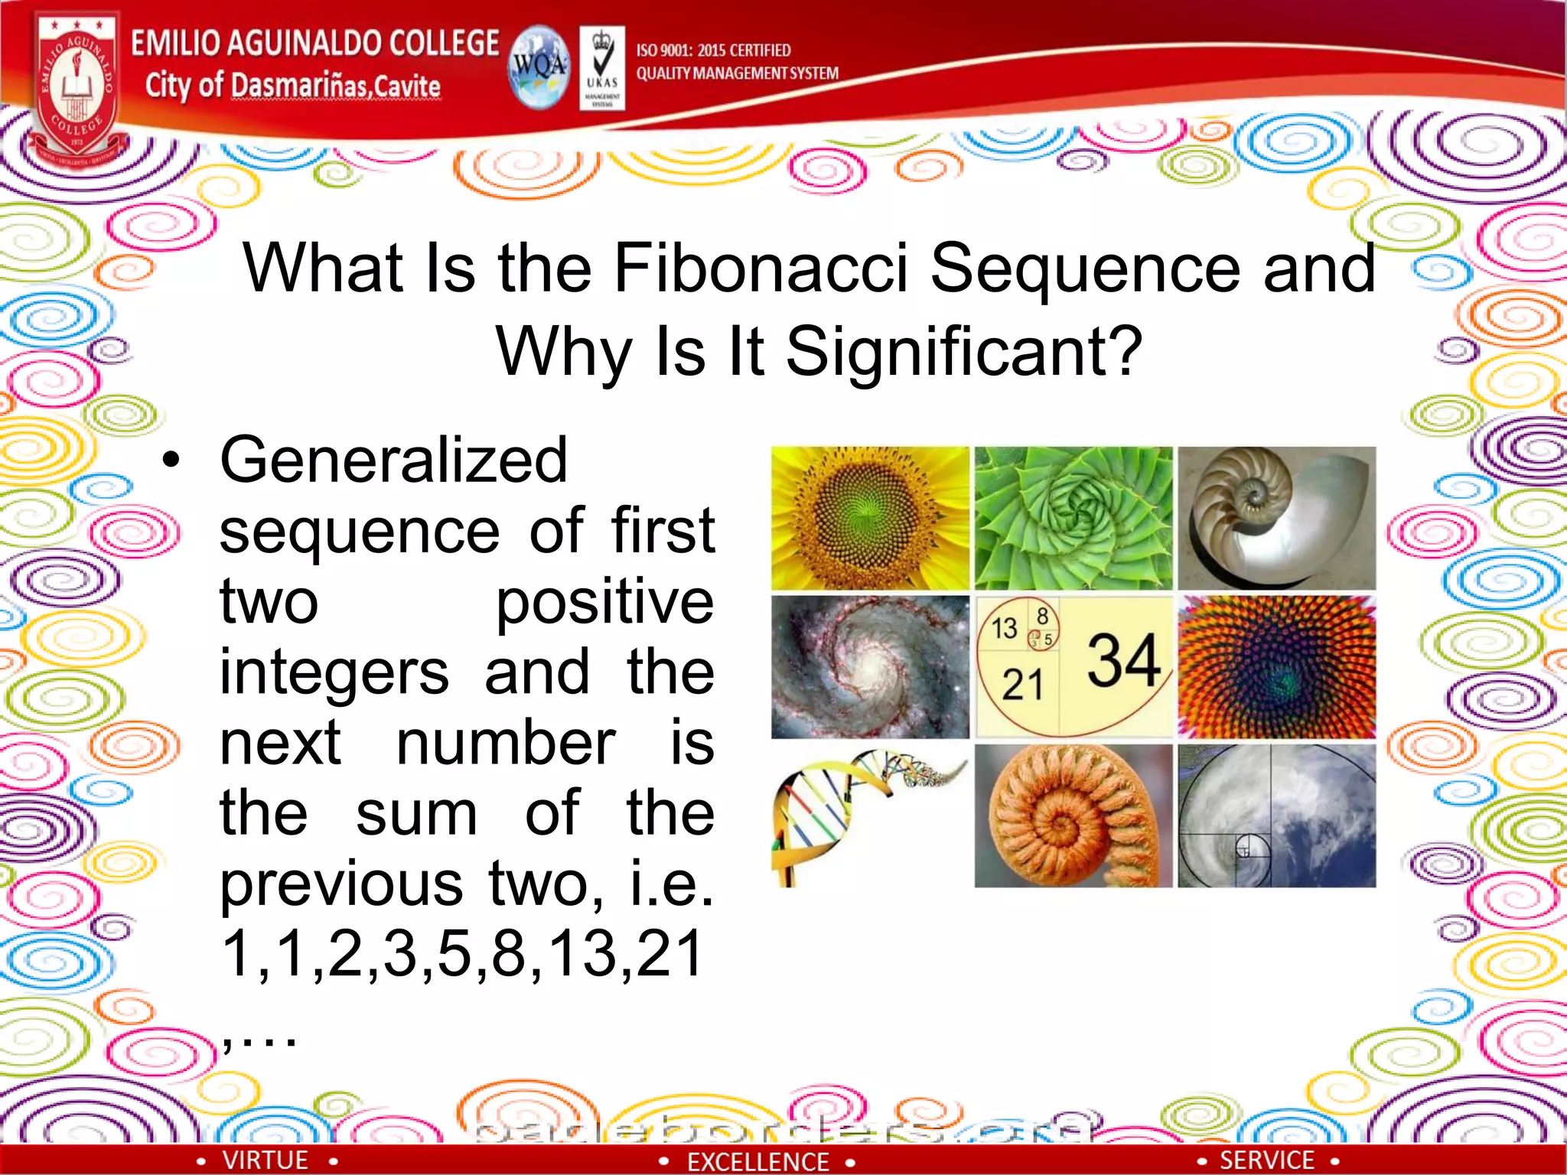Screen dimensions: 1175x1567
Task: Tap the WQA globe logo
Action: tap(539, 67)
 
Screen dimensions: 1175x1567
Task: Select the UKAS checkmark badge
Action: tap(602, 67)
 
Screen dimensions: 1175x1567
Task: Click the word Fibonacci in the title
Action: tap(761, 268)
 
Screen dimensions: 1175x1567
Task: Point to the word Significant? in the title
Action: tap(964, 351)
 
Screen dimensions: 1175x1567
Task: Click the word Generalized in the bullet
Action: tap(393, 460)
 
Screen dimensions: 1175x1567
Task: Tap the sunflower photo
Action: tap(870, 518)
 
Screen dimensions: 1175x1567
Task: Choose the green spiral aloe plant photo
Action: tap(1073, 518)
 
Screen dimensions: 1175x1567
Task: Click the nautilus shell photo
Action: tap(1276, 518)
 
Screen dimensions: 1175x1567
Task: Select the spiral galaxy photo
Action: tap(870, 667)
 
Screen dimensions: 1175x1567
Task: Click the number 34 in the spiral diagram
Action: tap(1123, 659)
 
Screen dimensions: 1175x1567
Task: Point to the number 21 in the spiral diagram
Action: tap(1022, 685)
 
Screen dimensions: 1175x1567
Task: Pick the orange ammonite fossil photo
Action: tap(1073, 815)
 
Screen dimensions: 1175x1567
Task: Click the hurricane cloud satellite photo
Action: tap(1276, 815)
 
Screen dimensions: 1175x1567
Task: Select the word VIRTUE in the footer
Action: tap(265, 1160)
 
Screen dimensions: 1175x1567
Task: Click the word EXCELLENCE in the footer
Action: tap(757, 1162)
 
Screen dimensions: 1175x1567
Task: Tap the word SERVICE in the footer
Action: tap(1266, 1160)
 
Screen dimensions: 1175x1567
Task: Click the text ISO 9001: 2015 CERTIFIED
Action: tap(713, 50)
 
